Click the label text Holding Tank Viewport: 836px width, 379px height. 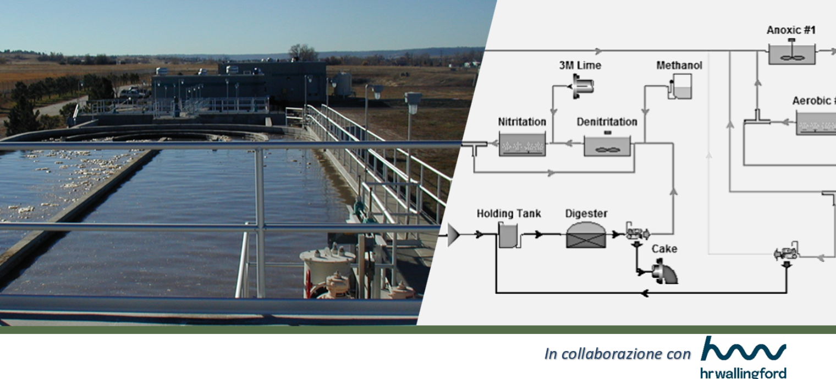pos(509,213)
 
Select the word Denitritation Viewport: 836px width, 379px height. pos(607,121)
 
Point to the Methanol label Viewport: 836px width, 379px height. pos(679,65)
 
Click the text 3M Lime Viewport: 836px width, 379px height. pos(580,65)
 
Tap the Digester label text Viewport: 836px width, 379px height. pos(586,213)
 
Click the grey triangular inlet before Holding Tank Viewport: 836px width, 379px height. pos(454,235)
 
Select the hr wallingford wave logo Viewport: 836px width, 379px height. pos(744,350)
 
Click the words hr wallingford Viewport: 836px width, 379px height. pos(743,373)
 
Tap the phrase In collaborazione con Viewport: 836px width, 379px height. pos(617,354)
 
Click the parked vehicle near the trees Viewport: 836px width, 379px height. pos(133,93)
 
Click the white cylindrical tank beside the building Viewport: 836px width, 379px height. pos(343,84)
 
